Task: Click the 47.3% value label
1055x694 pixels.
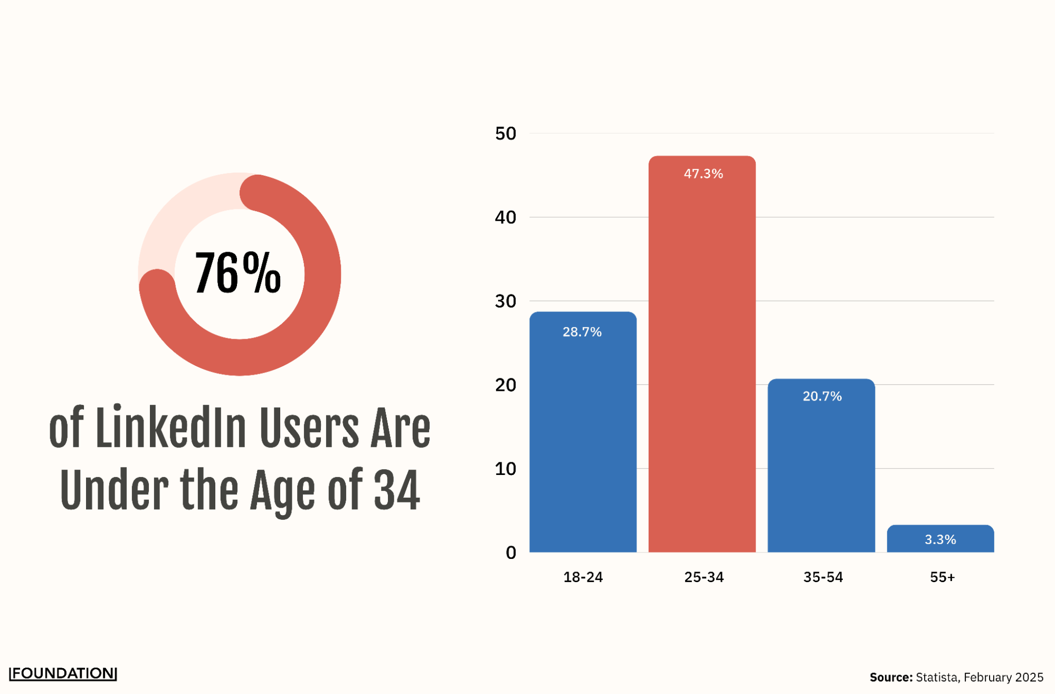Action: pyautogui.click(x=703, y=174)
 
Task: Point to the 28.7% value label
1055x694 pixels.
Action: pyautogui.click(x=582, y=332)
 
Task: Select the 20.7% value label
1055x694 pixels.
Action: pyautogui.click(x=822, y=396)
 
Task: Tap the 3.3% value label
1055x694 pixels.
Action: pyautogui.click(x=940, y=539)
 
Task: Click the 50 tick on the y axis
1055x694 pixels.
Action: pyautogui.click(x=506, y=134)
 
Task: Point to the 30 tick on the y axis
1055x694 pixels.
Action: pyautogui.click(x=506, y=301)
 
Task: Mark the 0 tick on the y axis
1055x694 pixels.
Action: pyautogui.click(x=511, y=553)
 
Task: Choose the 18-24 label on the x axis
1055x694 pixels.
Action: pyautogui.click(x=583, y=577)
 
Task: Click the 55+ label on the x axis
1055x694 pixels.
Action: pyautogui.click(x=942, y=577)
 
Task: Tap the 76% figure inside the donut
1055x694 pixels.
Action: pyautogui.click(x=238, y=273)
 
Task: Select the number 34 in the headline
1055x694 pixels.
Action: pyautogui.click(x=396, y=490)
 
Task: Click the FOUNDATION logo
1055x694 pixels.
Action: pyautogui.click(x=63, y=673)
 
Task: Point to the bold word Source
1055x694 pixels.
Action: pyautogui.click(x=891, y=677)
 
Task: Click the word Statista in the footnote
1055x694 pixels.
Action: pyautogui.click(x=937, y=677)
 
